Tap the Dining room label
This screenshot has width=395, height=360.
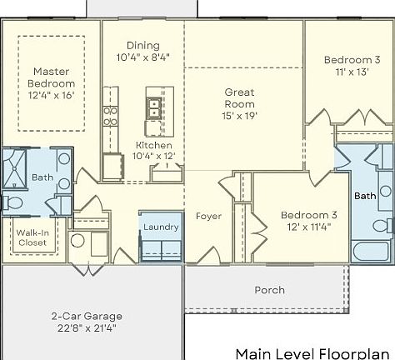pos(142,45)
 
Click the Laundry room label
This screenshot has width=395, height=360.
pos(161,226)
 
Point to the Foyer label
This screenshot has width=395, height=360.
pos(208,217)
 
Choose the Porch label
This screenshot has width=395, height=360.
pos(269,290)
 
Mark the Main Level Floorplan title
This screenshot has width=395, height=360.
pos(313,352)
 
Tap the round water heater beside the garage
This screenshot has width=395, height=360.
pos(77,242)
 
